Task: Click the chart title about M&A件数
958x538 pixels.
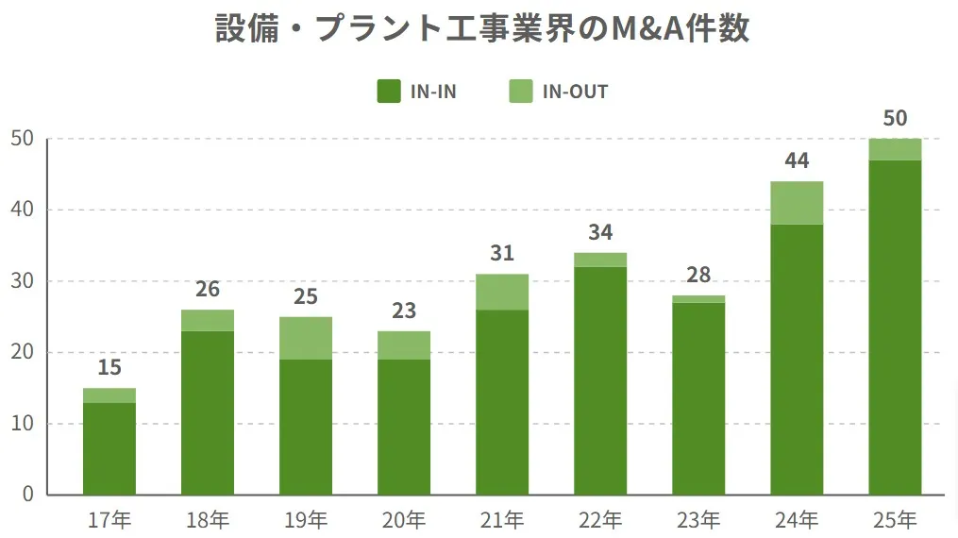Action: (482, 28)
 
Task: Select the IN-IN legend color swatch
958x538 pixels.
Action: (389, 92)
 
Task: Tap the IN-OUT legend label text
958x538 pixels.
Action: (575, 92)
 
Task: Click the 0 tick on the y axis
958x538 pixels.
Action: (28, 495)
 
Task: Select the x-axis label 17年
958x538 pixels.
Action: (109, 519)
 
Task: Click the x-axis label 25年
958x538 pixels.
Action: (895, 519)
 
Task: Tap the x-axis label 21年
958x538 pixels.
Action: (502, 519)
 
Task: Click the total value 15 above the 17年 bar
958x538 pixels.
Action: (109, 367)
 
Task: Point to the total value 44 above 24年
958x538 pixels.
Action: (797, 160)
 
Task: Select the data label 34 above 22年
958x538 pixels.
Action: (600, 232)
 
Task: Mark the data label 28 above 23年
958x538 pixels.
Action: (698, 275)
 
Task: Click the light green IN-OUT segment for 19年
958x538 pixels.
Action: (306, 338)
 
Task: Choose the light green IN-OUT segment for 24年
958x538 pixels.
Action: (797, 203)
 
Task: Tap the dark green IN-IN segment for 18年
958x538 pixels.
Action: (208, 412)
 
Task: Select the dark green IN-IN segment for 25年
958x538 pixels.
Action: (895, 328)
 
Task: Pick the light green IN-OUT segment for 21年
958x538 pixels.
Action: (502, 292)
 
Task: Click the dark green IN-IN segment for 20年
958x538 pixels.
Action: (404, 427)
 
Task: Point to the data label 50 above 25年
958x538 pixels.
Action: (895, 118)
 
